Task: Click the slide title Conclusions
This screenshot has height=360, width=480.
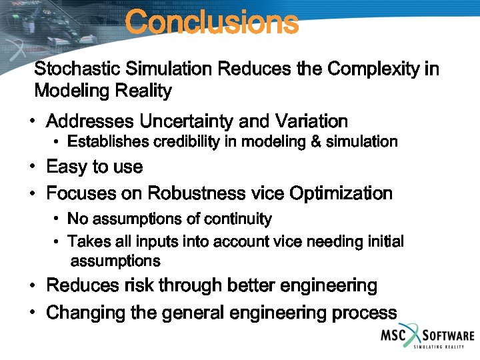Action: click(211, 22)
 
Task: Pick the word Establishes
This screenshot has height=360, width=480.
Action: click(108, 141)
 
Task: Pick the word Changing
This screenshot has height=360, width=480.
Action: click(79, 313)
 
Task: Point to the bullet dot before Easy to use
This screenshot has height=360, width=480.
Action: click(32, 167)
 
